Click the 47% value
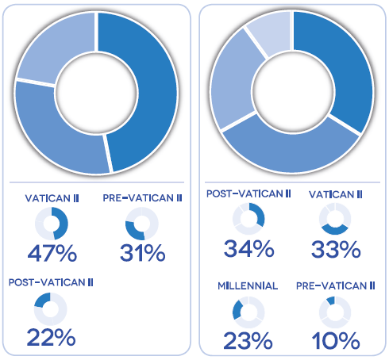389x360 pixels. (52, 254)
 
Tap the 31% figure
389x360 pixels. (142, 254)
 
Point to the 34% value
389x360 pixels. (248, 249)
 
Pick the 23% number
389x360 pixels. (248, 340)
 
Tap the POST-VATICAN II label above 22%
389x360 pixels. (52, 281)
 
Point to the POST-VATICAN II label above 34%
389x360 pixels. (248, 193)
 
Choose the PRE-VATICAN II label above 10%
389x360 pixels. (335, 285)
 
